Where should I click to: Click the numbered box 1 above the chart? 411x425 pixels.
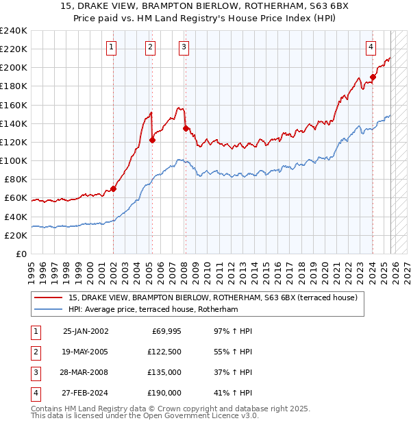click(x=111, y=47)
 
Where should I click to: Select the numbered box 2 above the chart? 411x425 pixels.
click(x=149, y=47)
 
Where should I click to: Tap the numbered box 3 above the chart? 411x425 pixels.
click(x=184, y=47)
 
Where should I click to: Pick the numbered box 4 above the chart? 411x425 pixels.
click(x=370, y=47)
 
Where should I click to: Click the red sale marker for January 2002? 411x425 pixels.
click(x=113, y=189)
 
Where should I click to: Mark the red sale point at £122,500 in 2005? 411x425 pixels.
click(x=152, y=140)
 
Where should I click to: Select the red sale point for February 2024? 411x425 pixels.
click(x=373, y=77)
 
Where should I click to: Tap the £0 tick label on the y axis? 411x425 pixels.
click(x=21, y=254)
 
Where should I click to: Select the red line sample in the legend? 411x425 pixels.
click(x=49, y=297)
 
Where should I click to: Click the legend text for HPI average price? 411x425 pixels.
click(x=153, y=310)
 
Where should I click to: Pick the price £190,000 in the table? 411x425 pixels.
click(x=164, y=393)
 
